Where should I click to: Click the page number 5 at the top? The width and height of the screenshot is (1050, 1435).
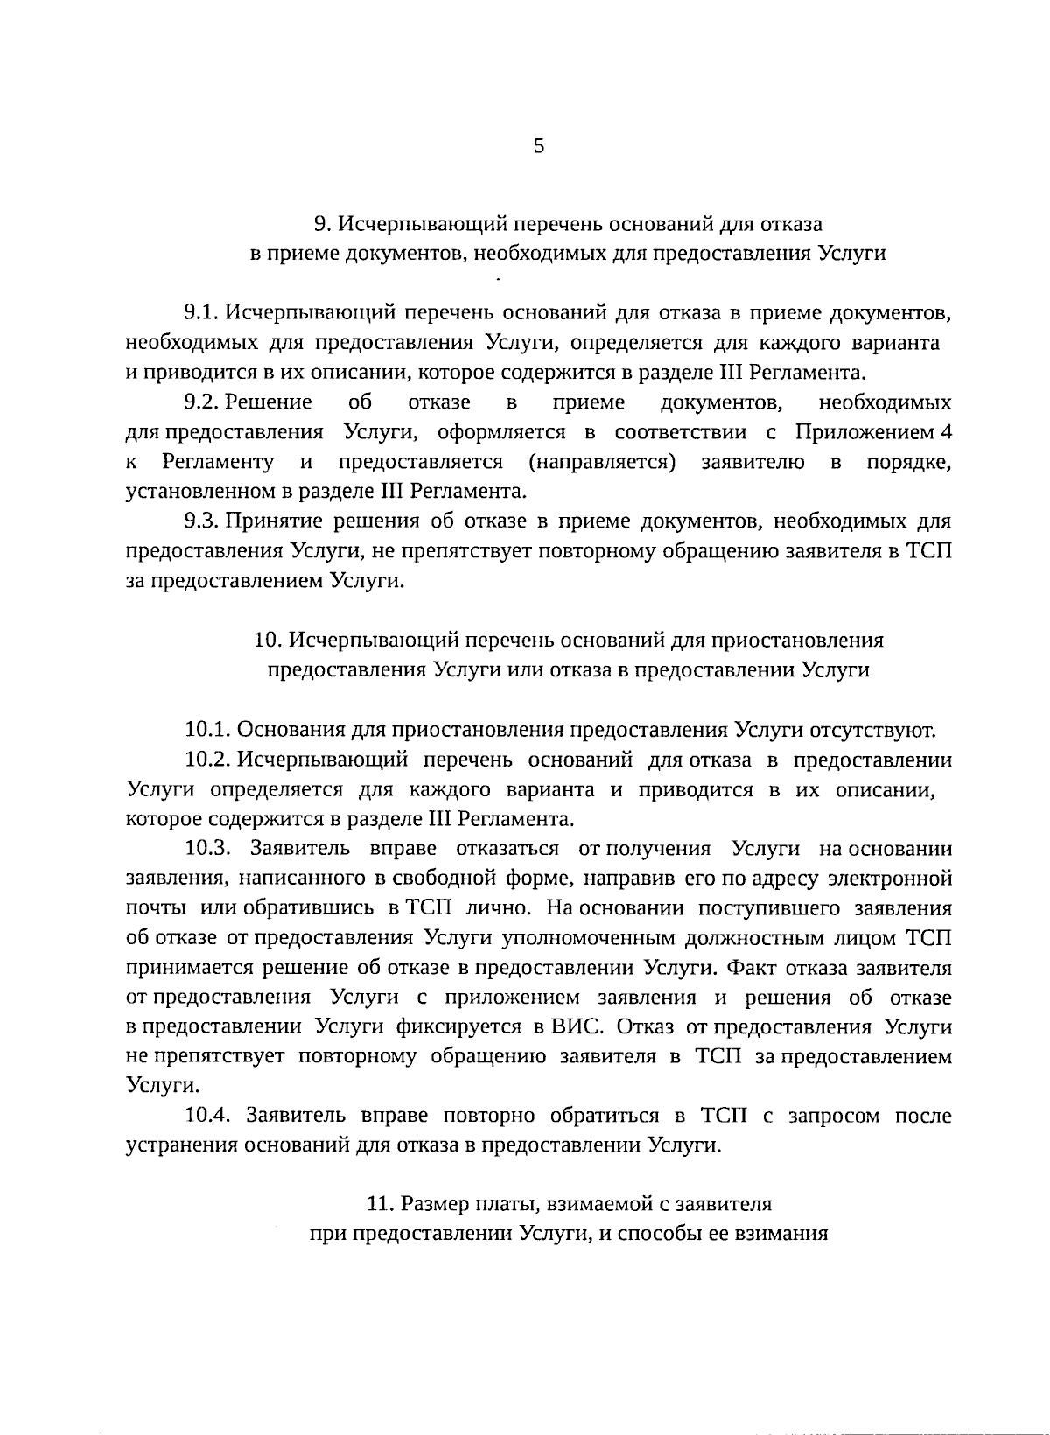[x=539, y=146]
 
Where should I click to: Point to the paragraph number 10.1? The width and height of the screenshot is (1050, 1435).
[x=208, y=730]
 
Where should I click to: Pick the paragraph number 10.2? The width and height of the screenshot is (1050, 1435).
[x=208, y=759]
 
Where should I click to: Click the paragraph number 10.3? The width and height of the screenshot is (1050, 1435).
[x=208, y=849]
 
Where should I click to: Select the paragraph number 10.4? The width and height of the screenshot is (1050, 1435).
[x=208, y=1116]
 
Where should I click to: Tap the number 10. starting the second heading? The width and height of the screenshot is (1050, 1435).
[x=267, y=640]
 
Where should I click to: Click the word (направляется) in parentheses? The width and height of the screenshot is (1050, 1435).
[x=602, y=462]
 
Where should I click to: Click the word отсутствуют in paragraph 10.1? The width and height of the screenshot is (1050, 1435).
[x=873, y=730]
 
